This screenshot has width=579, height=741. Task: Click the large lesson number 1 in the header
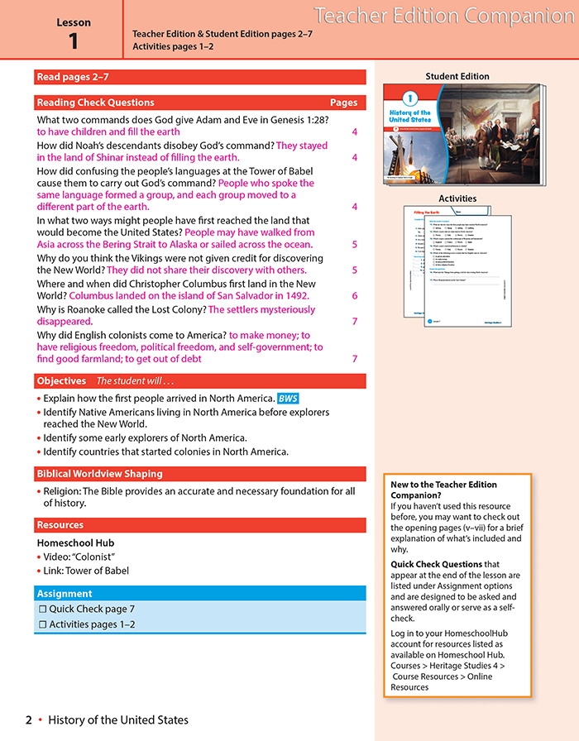point(73,42)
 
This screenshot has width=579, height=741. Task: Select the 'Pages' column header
point(343,103)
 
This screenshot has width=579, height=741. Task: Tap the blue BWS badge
point(288,399)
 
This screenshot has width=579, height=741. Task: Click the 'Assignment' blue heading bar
point(65,594)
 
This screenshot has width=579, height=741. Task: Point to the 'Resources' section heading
point(60,525)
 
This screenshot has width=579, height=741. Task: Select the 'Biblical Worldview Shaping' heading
point(99,474)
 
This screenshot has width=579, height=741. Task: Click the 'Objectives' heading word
point(61,381)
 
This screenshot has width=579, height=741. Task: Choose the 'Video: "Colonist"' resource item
point(79,557)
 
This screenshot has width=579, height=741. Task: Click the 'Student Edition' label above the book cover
point(457,76)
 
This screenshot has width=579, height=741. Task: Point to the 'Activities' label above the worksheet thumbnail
point(457,198)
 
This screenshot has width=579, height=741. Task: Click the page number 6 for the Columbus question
point(354,296)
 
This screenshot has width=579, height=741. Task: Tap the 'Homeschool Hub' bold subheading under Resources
point(75,543)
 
